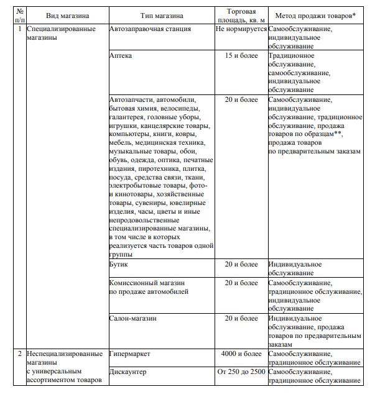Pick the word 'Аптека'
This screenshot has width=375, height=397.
point(121,55)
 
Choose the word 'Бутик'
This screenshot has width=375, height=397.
point(119,264)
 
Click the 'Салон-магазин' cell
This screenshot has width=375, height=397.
point(132,318)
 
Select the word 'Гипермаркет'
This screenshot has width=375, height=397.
point(130,354)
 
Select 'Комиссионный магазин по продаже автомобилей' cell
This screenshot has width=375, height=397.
point(148,287)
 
